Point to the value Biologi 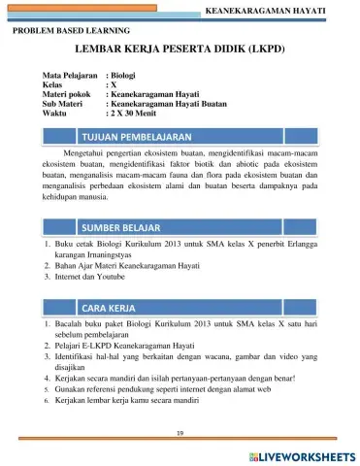pos(125,75)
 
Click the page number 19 pos(180,431)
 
